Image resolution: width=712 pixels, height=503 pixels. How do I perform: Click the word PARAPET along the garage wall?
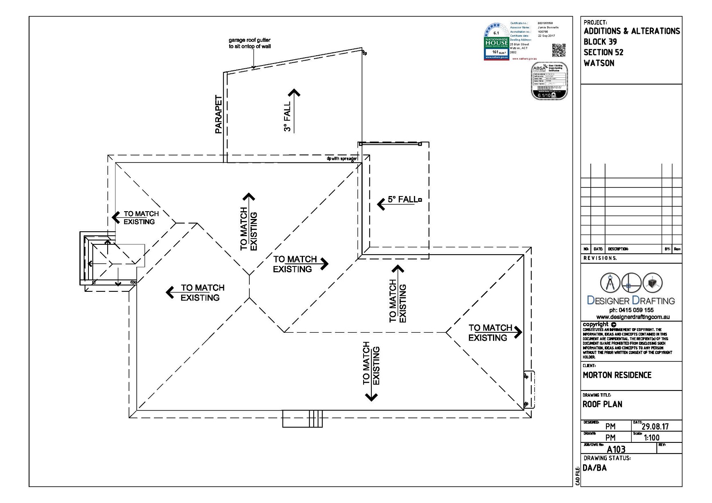coord(219,115)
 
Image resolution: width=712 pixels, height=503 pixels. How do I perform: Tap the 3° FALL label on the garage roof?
coord(287,117)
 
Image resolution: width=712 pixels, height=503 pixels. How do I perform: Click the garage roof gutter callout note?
coord(249,43)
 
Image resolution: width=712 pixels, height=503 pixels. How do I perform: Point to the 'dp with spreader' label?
coord(342,158)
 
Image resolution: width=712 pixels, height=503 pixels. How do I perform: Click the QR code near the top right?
coord(558,50)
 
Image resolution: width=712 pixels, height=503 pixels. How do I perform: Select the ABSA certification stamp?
coord(549,81)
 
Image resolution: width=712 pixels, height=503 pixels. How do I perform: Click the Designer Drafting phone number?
coord(631,310)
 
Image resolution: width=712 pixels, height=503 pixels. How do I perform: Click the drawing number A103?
coord(616,449)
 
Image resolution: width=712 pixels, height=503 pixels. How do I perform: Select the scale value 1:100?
coord(651,438)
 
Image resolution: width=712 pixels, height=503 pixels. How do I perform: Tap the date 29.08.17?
coord(655,426)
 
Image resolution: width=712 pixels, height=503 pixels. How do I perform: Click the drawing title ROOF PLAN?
coord(602,404)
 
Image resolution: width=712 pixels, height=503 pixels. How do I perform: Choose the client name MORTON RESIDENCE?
coord(617,375)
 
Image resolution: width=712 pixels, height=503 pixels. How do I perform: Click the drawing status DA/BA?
coord(594,468)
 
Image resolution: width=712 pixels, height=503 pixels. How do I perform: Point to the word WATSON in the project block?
coord(599,63)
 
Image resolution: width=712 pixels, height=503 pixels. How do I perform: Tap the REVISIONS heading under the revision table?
coord(600,258)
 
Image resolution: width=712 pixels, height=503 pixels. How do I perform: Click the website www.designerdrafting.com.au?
coord(633,317)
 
